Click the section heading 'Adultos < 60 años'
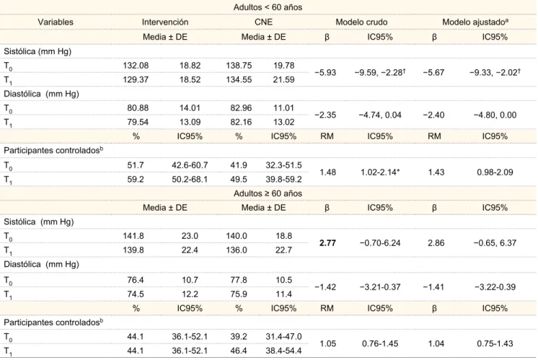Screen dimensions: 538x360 click(268, 7)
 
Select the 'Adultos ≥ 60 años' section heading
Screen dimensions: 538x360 click(268, 193)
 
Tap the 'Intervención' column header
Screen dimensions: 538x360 click(165, 22)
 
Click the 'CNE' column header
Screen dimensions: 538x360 click(263, 22)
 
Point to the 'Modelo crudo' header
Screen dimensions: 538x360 click(361, 22)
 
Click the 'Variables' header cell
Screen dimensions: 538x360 click(56, 22)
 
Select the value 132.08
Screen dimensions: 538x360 click(136, 65)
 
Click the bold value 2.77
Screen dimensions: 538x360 click(327, 243)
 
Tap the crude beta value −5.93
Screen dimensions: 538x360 click(325, 72)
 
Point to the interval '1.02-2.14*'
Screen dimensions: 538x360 click(380, 172)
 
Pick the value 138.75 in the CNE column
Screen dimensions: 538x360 click(239, 65)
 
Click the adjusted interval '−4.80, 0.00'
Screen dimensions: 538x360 click(495, 115)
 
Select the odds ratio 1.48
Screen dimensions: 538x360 click(327, 172)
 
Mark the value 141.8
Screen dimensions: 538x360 click(133, 236)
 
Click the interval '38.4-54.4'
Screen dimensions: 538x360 click(283, 351)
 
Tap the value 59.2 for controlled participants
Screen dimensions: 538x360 click(136, 179)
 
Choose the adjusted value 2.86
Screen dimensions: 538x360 click(436, 243)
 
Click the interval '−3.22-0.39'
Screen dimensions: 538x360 click(495, 287)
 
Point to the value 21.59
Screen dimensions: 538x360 click(283, 79)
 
